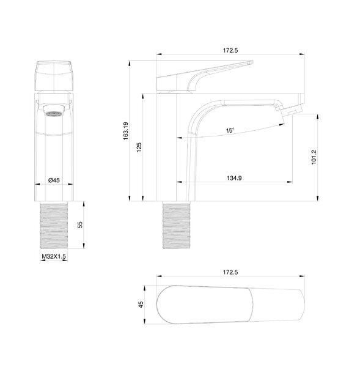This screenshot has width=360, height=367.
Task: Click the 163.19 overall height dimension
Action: coord(126,131)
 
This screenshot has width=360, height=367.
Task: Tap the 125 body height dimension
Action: coord(139,147)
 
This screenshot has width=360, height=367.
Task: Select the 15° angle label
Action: coord(230,130)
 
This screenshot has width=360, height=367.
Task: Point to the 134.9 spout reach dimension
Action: coord(234,178)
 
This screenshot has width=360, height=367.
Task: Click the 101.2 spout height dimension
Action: coord(314,157)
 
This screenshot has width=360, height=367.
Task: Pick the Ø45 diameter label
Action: coord(54,180)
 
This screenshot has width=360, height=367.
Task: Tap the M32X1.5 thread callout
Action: coord(54,256)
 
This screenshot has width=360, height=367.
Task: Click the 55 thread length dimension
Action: coord(80,224)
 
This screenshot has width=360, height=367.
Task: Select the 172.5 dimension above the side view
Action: coord(230,50)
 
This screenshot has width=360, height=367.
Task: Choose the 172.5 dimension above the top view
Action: coord(230,272)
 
